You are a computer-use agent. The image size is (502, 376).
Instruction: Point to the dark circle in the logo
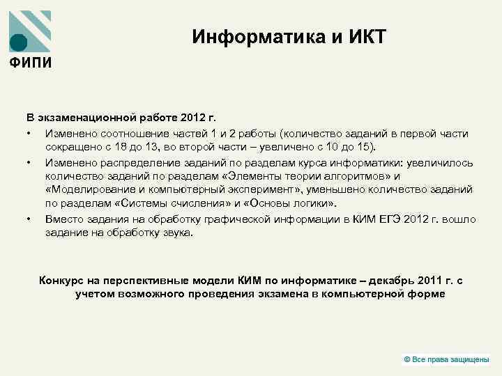coord(20,42)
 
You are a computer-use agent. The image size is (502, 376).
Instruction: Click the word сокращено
coord(70,147)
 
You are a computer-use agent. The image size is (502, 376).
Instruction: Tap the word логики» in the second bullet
coord(315,203)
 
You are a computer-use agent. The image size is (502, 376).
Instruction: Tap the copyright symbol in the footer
coord(407,359)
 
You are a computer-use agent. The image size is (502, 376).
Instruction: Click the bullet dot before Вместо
coord(29,219)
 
